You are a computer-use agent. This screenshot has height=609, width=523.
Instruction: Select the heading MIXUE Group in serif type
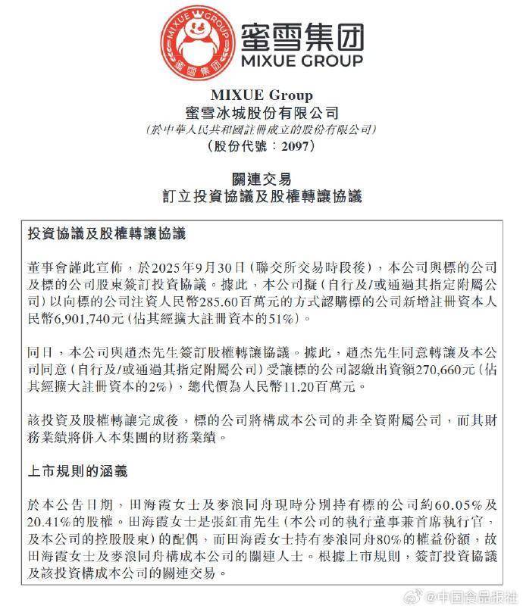click(x=261, y=95)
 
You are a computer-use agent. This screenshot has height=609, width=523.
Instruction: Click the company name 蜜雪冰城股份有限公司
click(x=261, y=113)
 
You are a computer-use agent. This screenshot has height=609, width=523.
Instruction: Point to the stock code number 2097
click(x=296, y=146)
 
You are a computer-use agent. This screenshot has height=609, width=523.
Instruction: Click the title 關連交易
click(x=261, y=179)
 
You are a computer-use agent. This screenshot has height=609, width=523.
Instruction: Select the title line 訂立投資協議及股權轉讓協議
click(x=261, y=196)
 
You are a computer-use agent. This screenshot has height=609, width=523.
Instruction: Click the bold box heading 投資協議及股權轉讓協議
click(x=106, y=234)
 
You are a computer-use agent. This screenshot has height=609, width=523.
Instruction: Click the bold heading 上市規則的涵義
click(x=76, y=471)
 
